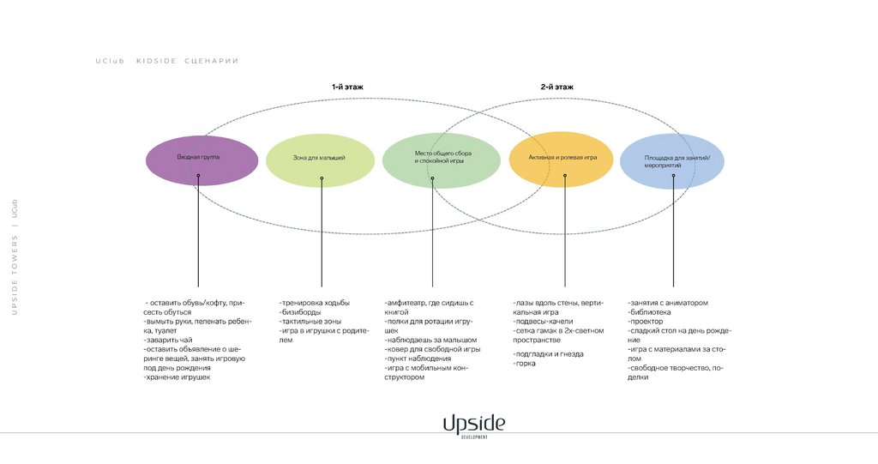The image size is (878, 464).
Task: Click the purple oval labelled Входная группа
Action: pyautogui.click(x=201, y=159)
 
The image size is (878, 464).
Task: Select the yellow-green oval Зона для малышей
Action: pyautogui.click(x=320, y=159)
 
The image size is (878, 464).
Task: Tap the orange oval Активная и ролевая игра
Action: pyautogui.click(x=563, y=159)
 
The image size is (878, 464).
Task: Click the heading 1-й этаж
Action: pyautogui.click(x=347, y=87)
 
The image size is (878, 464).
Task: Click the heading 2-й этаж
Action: pyautogui.click(x=556, y=87)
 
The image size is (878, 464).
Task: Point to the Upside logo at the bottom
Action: pyautogui.click(x=474, y=425)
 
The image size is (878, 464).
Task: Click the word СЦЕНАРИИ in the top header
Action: pyautogui.click(x=211, y=61)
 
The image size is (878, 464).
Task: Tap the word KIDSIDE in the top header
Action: pyautogui.click(x=156, y=61)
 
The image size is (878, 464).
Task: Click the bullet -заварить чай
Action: pyautogui.click(x=167, y=340)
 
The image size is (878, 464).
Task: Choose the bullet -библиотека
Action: pyautogui.click(x=652, y=312)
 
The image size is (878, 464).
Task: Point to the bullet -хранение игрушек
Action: pyautogui.click(x=177, y=377)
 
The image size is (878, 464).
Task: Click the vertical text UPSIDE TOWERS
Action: pyautogui.click(x=14, y=274)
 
